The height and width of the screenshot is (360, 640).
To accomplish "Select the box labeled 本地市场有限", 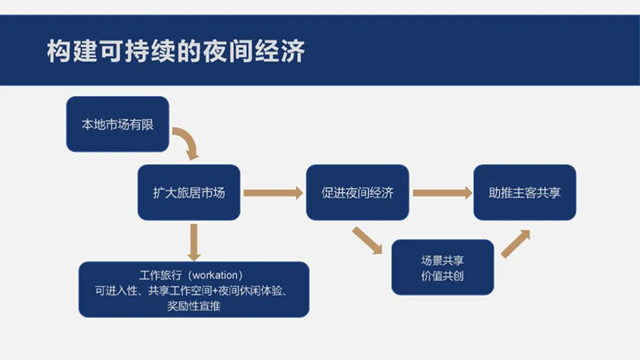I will click(117, 124).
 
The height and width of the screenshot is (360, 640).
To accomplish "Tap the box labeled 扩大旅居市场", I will click(189, 193).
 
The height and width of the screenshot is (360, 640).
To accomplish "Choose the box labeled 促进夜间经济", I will click(357, 193).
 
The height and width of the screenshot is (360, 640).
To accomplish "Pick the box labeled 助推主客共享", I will click(525, 193).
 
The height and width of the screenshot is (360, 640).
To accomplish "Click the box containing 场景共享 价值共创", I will click(442, 267).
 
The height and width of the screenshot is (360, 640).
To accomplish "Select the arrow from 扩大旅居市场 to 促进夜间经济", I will click(272, 193).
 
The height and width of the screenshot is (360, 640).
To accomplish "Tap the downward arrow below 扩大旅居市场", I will click(192, 240).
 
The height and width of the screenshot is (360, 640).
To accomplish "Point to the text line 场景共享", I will click(442, 260).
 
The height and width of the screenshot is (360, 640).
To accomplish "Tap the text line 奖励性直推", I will click(194, 306).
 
